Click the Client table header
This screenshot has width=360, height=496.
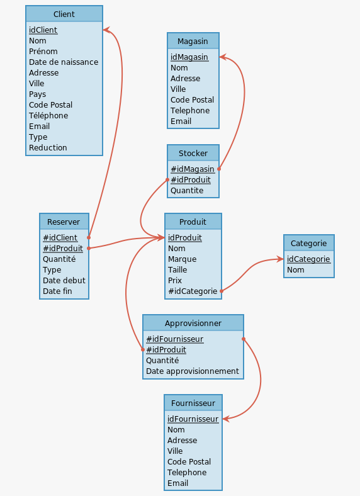click(x=64, y=14)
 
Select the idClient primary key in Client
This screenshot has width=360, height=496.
click(x=43, y=30)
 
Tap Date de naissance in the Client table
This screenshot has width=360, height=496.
click(x=64, y=62)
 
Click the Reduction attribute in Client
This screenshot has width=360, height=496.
click(x=48, y=148)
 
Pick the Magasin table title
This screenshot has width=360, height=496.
click(x=193, y=41)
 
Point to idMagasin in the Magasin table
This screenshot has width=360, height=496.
click(x=189, y=57)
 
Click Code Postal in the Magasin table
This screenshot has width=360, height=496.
click(x=192, y=100)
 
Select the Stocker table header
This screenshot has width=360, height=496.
click(x=193, y=153)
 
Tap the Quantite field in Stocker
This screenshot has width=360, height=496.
click(x=187, y=191)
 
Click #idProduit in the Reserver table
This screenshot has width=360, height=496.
click(x=63, y=249)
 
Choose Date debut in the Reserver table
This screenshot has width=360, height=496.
click(x=64, y=281)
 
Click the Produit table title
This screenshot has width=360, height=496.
click(x=193, y=222)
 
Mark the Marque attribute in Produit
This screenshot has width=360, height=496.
click(x=182, y=259)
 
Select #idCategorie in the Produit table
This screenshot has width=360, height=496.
click(x=193, y=291)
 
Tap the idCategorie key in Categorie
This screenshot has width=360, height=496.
click(x=308, y=259)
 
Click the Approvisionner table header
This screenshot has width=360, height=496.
click(x=193, y=324)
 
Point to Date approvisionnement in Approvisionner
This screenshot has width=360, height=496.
click(x=193, y=371)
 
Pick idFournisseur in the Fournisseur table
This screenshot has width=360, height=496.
click(x=193, y=419)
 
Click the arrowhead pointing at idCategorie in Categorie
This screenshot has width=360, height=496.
click(x=280, y=259)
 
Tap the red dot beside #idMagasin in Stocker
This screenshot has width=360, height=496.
click(x=219, y=169)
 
